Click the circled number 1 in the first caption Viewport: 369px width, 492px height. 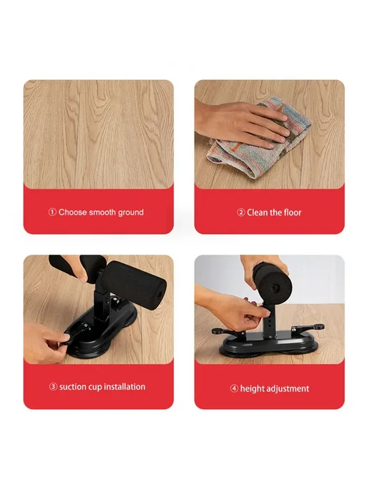52,212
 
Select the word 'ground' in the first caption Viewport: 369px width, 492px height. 131,213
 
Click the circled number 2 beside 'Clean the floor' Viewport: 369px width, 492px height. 241,212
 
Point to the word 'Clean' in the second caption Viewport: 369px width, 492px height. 256,212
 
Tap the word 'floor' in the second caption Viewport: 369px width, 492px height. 292,212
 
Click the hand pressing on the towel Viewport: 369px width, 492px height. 242,124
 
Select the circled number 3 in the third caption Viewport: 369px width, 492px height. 53,387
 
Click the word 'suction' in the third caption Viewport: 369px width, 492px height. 72,387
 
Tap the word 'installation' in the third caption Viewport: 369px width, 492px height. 124,387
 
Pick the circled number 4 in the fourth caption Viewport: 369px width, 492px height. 234,389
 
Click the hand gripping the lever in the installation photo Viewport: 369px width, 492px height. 47,342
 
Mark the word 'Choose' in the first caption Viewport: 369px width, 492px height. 72,212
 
